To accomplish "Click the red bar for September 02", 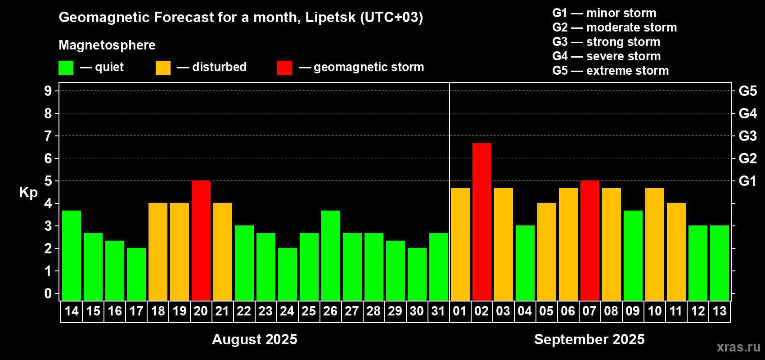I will pyautogui.click(x=481, y=221).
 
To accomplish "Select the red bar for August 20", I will pyautogui.click(x=201, y=240).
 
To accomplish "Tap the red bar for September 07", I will pyautogui.click(x=589, y=240).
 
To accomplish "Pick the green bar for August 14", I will pyautogui.click(x=72, y=255).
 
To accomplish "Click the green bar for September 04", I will pyautogui.click(x=525, y=263).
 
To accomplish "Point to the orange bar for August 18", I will pyautogui.click(x=158, y=252).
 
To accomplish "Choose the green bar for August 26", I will pyautogui.click(x=331, y=255).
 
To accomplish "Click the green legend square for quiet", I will pyautogui.click(x=66, y=68).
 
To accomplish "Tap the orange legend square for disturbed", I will pyautogui.click(x=163, y=68).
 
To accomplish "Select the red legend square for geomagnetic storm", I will pyautogui.click(x=284, y=68).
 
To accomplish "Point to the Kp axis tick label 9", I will pyautogui.click(x=48, y=91).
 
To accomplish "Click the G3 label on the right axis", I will pyautogui.click(x=747, y=136).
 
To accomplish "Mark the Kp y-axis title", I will pyautogui.click(x=28, y=192).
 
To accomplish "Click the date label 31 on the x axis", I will pyautogui.click(x=438, y=311).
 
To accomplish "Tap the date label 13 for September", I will pyautogui.click(x=719, y=311).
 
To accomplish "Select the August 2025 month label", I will pyautogui.click(x=254, y=339).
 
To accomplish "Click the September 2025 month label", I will pyautogui.click(x=589, y=339).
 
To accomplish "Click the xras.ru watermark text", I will pyautogui.click(x=738, y=347).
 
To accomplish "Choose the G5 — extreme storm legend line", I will pyautogui.click(x=610, y=71).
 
